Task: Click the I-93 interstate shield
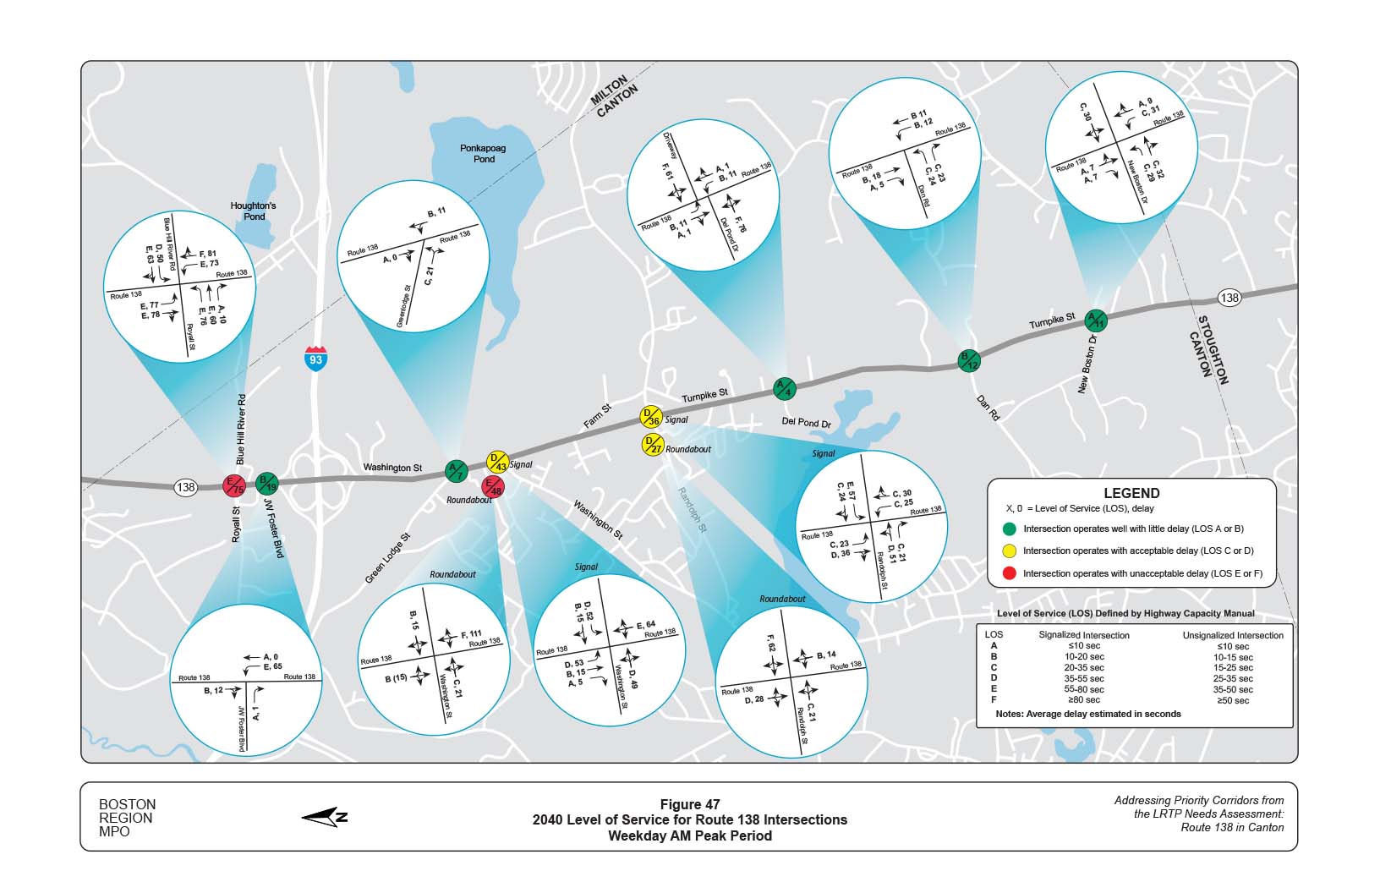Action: tap(315, 358)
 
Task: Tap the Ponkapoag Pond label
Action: tap(483, 153)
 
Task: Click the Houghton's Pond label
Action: tap(254, 211)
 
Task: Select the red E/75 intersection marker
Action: tap(233, 486)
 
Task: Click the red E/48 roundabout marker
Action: tap(492, 487)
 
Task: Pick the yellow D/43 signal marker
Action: tap(497, 463)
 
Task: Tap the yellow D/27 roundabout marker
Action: tap(652, 445)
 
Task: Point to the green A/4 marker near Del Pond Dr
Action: tap(785, 389)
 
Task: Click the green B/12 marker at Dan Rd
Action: tap(968, 360)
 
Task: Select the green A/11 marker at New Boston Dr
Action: tap(1096, 320)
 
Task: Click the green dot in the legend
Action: tap(1008, 529)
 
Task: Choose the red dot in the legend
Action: tap(1008, 573)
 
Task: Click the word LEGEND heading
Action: tap(1131, 493)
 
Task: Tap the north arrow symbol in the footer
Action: tap(326, 816)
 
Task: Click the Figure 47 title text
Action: tap(689, 804)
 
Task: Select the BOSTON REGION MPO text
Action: tap(127, 818)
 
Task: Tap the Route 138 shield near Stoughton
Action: tap(1229, 298)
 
